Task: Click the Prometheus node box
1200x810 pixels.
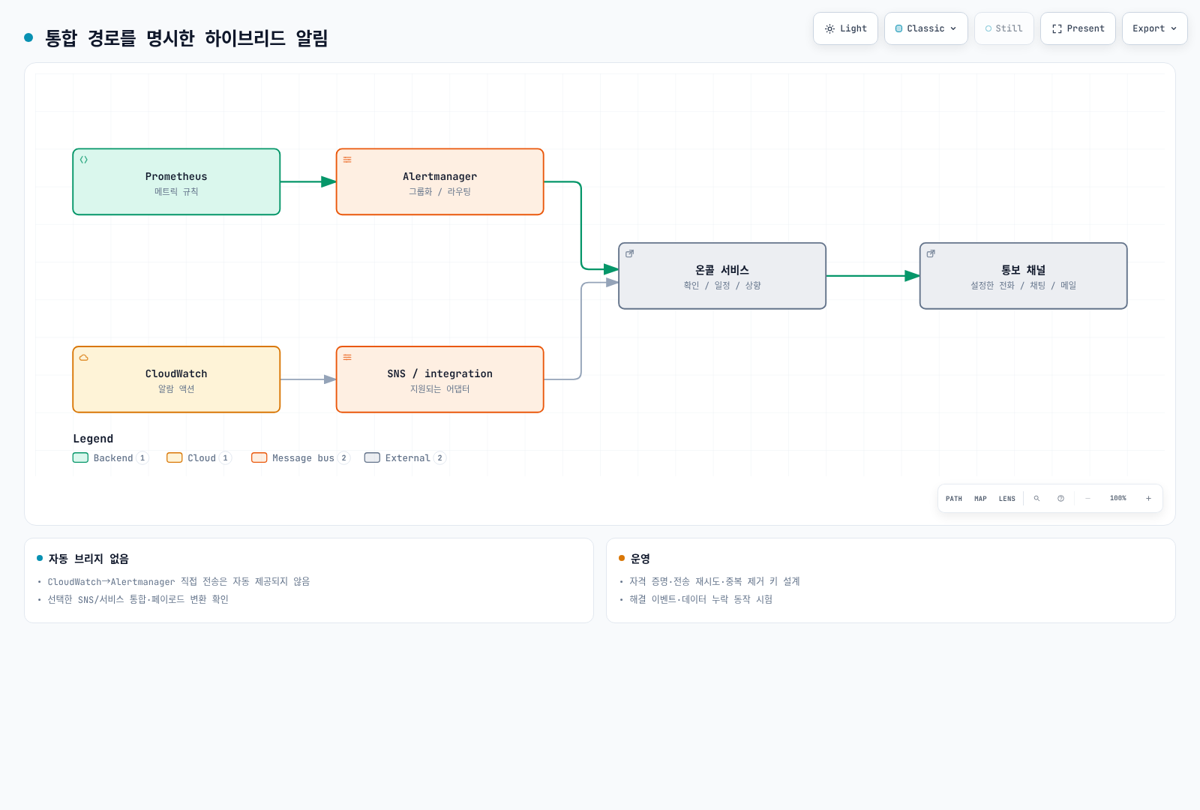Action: (x=176, y=181)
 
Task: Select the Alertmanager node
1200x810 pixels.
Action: (x=439, y=181)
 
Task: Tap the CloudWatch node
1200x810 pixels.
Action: (x=176, y=379)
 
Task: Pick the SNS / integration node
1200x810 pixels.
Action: (x=439, y=379)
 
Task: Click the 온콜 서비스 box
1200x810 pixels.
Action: (x=722, y=276)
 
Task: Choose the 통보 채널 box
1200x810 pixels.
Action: (x=1023, y=276)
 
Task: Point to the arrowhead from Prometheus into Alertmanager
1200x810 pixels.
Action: (x=329, y=181)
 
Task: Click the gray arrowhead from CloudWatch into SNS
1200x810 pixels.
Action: (x=330, y=379)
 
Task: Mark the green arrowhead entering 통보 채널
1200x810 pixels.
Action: (x=912, y=276)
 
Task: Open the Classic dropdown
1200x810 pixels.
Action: (x=925, y=28)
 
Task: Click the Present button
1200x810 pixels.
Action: (x=1078, y=28)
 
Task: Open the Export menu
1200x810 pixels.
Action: (x=1154, y=28)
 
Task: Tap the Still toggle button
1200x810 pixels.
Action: (x=1004, y=28)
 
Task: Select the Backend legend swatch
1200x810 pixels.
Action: (x=80, y=457)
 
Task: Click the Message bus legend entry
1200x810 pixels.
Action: (x=301, y=457)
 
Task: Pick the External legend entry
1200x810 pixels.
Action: (x=405, y=457)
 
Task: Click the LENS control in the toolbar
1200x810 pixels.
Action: (x=1007, y=499)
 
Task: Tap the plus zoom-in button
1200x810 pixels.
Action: (x=1148, y=499)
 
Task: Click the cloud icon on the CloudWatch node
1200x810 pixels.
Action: (x=84, y=357)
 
